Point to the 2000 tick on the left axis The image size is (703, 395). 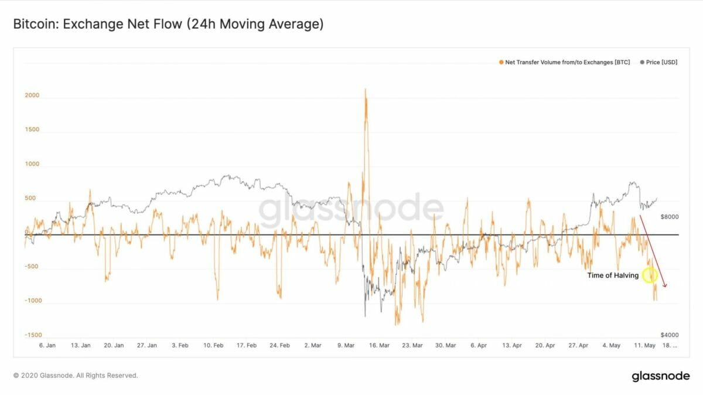coord(32,95)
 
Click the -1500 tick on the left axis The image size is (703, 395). coord(32,335)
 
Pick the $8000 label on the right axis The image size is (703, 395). coord(668,217)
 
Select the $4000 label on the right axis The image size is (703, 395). coord(668,335)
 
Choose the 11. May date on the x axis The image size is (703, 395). coord(644,346)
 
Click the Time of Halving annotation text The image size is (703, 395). coord(613,275)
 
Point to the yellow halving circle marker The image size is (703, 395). coord(650,275)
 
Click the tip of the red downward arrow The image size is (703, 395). coord(666,288)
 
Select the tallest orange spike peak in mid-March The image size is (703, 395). coord(366,90)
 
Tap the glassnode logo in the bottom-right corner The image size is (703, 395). coord(660,376)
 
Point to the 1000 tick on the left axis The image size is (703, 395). coord(32,164)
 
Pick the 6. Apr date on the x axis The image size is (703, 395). coord(479,346)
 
